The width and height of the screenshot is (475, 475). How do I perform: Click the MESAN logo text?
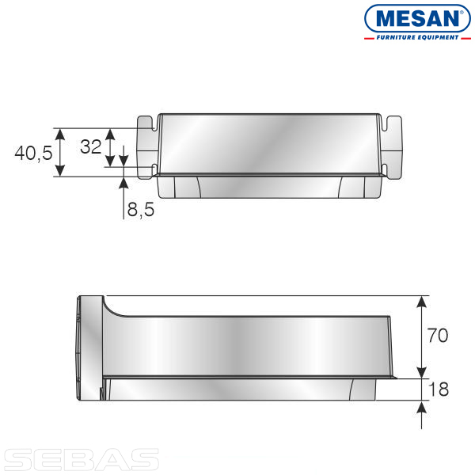(417, 19)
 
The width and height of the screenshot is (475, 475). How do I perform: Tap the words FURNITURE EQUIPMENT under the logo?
(417, 37)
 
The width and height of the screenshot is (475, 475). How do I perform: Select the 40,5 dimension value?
(33, 153)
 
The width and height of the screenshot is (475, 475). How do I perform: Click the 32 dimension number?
(90, 147)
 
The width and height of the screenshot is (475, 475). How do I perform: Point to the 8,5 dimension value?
(141, 209)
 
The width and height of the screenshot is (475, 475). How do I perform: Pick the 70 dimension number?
(438, 336)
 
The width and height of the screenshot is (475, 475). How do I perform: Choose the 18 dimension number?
(439, 389)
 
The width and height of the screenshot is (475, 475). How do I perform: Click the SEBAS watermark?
(82, 460)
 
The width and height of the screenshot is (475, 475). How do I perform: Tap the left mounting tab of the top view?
(147, 147)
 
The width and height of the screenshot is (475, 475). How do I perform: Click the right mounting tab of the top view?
(392, 147)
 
